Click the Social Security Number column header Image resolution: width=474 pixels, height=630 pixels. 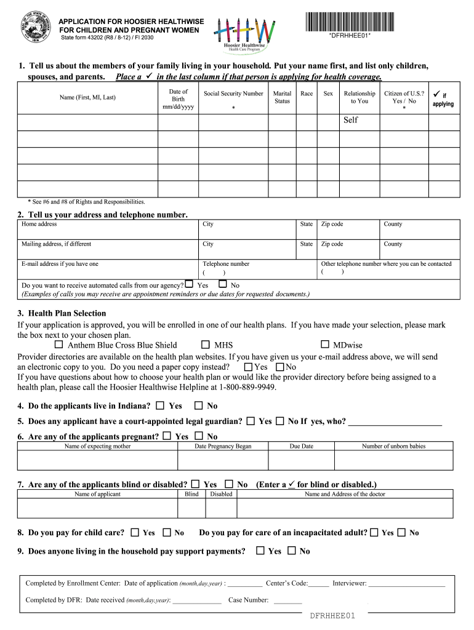point(233,94)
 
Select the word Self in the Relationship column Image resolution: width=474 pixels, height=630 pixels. point(350,120)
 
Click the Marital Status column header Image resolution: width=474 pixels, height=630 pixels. point(282,97)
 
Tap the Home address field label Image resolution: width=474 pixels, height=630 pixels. point(39,225)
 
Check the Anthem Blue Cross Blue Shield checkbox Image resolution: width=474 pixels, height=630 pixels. point(58,345)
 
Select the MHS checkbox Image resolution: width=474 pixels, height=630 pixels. point(205,345)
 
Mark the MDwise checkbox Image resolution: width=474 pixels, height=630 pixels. point(325,345)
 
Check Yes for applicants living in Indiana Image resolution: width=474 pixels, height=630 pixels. point(160,405)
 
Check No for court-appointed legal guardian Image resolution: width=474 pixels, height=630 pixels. point(279,421)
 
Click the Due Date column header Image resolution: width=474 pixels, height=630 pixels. point(301,447)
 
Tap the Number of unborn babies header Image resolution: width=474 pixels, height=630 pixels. point(393,447)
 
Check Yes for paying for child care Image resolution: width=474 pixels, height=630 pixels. point(134,532)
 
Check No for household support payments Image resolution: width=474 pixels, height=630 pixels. point(291,551)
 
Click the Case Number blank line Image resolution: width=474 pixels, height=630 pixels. point(287,600)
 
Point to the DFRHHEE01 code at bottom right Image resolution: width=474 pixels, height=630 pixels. point(332,616)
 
